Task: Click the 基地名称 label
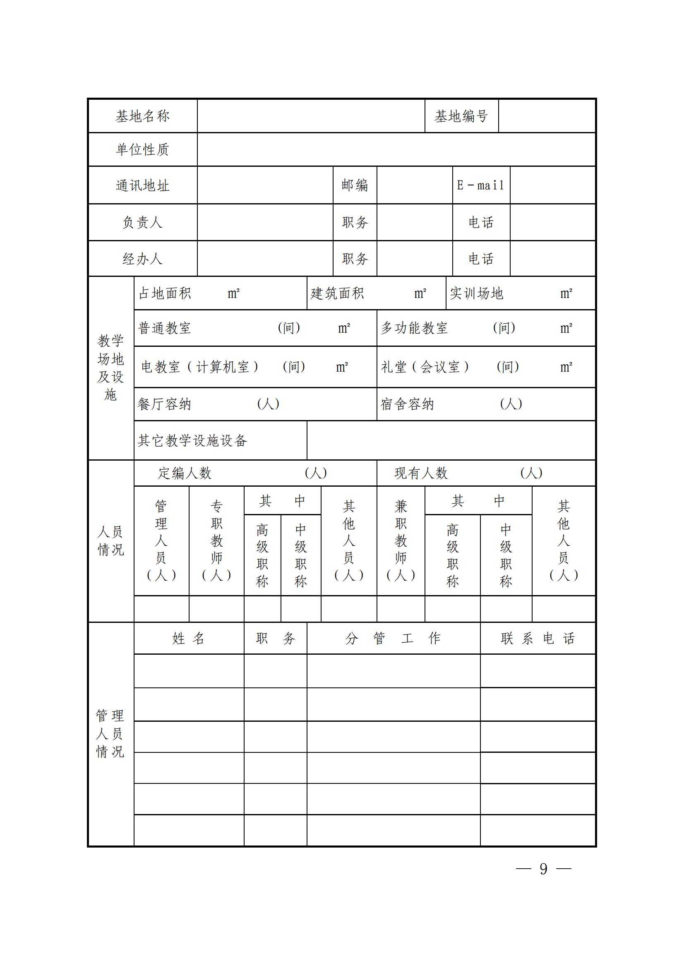[x=142, y=116]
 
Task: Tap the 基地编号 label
[x=461, y=116]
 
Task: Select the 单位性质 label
[x=142, y=149]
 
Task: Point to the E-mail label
[x=481, y=185]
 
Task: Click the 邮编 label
[x=355, y=185]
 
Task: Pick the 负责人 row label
[x=142, y=222]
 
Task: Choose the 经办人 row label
[x=142, y=258]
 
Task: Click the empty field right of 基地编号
[x=547, y=116]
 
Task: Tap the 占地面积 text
[x=165, y=293]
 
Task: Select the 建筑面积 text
[x=337, y=293]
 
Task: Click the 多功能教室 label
[x=414, y=328]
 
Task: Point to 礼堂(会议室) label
[x=425, y=367]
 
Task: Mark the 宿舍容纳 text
[x=407, y=404]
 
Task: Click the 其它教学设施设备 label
[x=192, y=441]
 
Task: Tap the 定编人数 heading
[x=185, y=473]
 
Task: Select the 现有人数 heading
[x=420, y=473]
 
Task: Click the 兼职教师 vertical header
[x=401, y=540]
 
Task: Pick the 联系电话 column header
[x=538, y=638]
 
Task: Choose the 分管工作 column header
[x=393, y=638]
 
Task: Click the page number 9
[x=543, y=869]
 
